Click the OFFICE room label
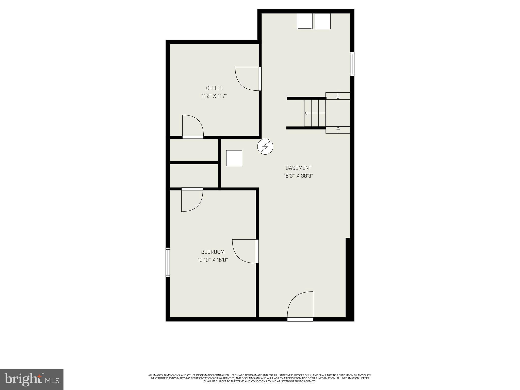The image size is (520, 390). tap(214, 88)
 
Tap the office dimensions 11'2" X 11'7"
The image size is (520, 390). tap(214, 96)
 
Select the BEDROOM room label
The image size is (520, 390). tap(213, 252)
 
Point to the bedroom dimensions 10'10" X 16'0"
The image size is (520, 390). tap(213, 260)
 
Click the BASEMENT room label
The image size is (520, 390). tap(298, 168)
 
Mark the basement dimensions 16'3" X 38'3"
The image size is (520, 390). tap(298, 176)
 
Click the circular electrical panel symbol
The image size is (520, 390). tap(265, 147)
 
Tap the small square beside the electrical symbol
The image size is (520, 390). tap(234, 158)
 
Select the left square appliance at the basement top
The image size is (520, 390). tap(305, 21)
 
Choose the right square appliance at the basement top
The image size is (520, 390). tap(322, 21)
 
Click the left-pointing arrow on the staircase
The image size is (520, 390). tap(306, 113)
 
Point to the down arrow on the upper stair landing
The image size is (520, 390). tap(338, 97)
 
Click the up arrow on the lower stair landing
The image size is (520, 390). tap(338, 129)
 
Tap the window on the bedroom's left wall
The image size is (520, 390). tap(168, 262)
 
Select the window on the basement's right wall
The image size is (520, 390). tap(352, 64)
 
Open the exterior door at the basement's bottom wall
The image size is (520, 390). tap(300, 319)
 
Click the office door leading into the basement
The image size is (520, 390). tap(260, 79)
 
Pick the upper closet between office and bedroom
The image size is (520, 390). tap(194, 150)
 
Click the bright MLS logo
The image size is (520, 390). tap(32, 379)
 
